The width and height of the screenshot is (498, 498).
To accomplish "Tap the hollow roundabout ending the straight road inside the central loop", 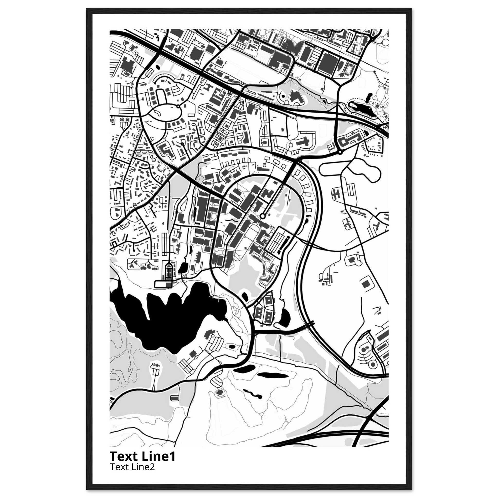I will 262,216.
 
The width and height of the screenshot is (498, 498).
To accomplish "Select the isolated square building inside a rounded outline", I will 365,284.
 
